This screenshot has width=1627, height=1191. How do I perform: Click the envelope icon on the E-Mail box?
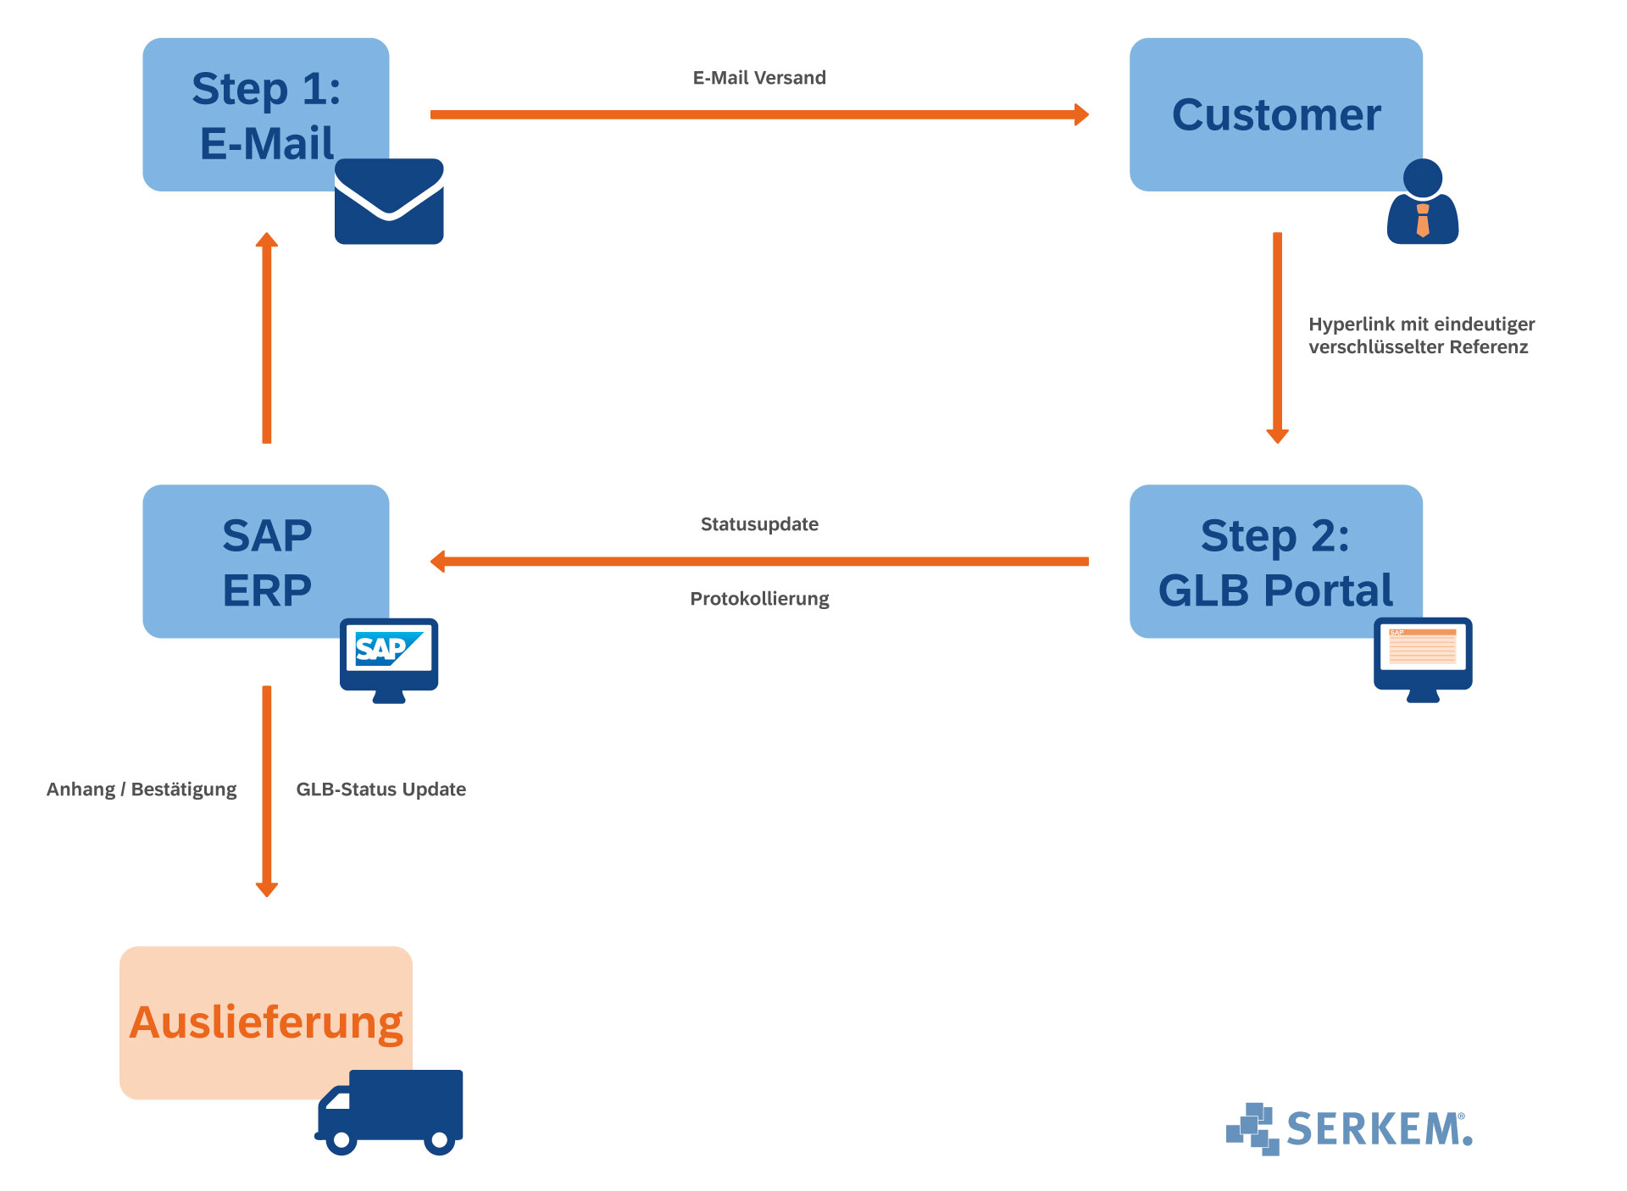[x=389, y=202]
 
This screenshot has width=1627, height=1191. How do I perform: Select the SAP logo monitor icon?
[x=389, y=658]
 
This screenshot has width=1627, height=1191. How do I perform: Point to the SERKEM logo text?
[x=1378, y=1129]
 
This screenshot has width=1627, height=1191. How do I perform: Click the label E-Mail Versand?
[x=759, y=78]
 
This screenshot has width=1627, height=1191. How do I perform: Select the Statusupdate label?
[x=759, y=524]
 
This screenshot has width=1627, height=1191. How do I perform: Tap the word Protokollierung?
[x=759, y=599]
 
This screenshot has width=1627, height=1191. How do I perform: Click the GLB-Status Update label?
[x=380, y=789]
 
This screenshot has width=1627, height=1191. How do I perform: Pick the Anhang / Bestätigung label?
[x=142, y=789]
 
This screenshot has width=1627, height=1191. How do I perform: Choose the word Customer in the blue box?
[x=1276, y=115]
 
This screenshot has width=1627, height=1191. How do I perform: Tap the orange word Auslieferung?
[x=266, y=1022]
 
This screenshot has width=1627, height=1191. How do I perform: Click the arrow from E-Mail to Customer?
[x=759, y=114]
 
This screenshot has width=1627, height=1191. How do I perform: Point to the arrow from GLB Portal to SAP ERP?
[x=759, y=561]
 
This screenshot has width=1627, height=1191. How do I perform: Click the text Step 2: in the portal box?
[x=1274, y=536]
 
